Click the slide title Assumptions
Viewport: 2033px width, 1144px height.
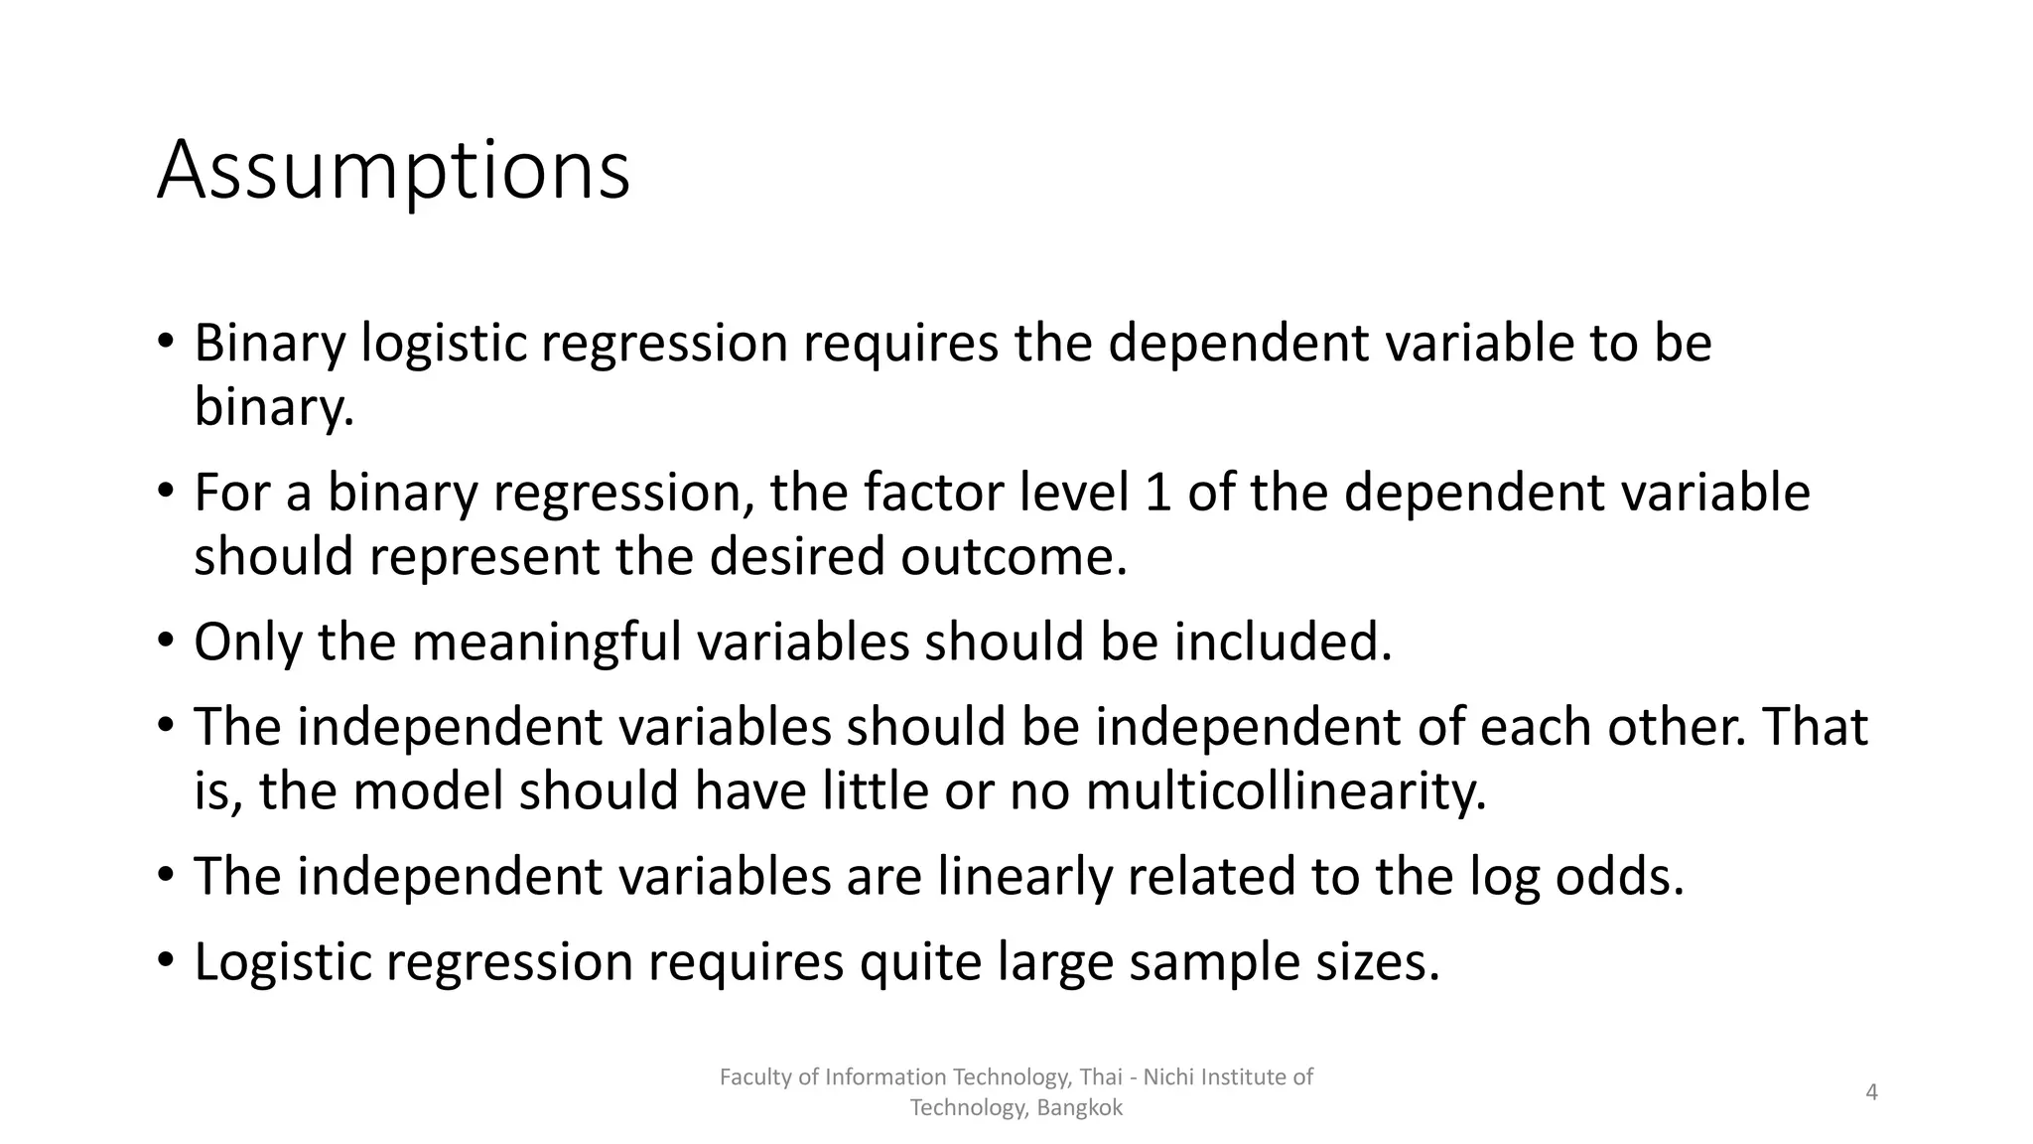[393, 171]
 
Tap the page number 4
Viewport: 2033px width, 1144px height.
[1871, 1092]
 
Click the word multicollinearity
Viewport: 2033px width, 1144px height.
[1286, 791]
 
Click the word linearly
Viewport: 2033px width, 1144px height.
[1023, 876]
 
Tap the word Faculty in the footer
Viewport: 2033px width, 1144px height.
[753, 1077]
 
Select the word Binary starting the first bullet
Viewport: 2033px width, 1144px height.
[269, 344]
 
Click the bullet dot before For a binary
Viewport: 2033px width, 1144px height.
[166, 490]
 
